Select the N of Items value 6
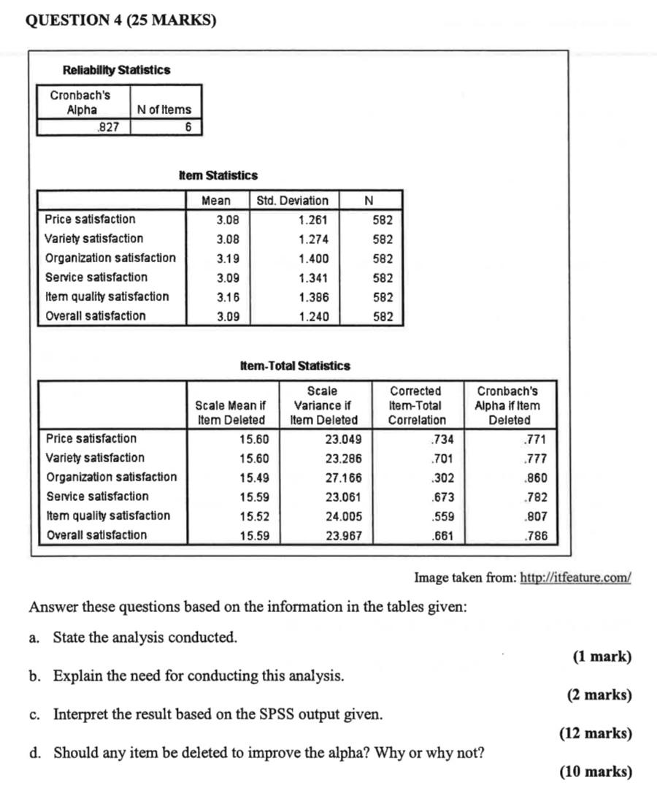(x=187, y=127)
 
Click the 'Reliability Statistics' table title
(x=117, y=70)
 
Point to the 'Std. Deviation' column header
(x=293, y=200)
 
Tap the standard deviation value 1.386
(x=313, y=297)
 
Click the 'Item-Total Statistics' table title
(x=295, y=366)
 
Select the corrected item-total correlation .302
(x=442, y=478)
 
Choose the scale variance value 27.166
(x=343, y=478)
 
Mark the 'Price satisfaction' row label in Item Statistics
(x=90, y=219)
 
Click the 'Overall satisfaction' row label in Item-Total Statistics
(x=96, y=535)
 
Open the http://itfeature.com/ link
(x=575, y=578)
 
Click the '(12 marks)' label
(x=595, y=733)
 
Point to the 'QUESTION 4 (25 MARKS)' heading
(x=120, y=20)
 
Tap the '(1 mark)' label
(x=602, y=656)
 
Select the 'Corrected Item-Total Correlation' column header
(x=417, y=405)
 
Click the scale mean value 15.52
(x=254, y=516)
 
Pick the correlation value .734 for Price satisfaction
(x=442, y=440)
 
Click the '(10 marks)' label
(x=595, y=772)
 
